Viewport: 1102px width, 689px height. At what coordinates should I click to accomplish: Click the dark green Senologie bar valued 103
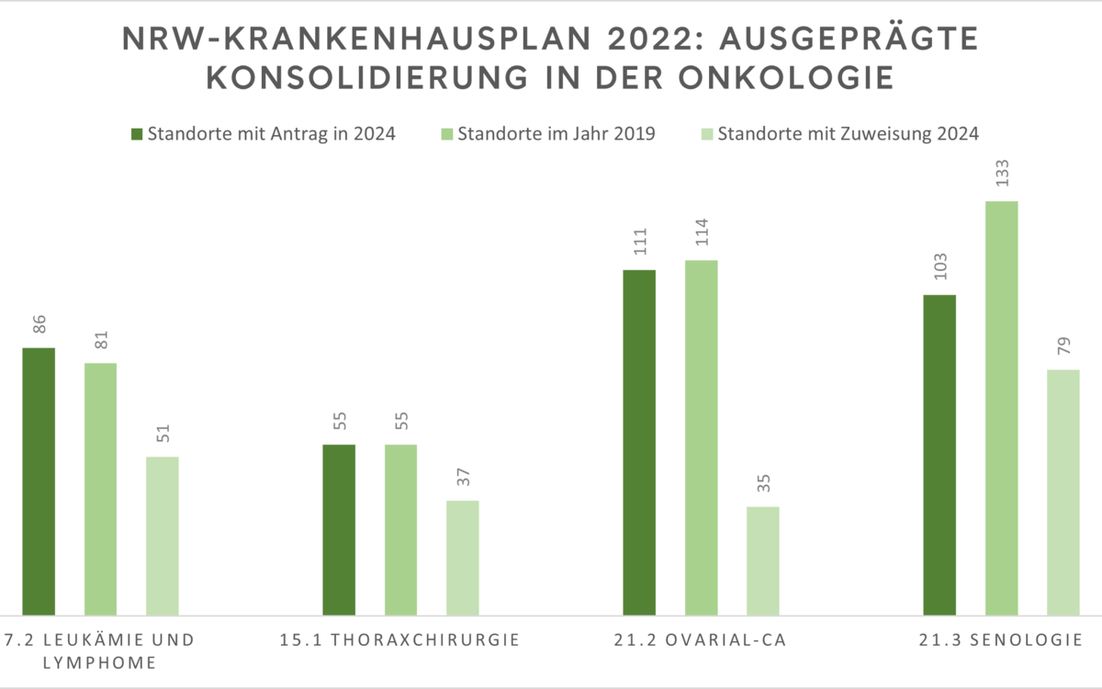939,454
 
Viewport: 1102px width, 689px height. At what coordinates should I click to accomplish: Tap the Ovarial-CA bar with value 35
762,559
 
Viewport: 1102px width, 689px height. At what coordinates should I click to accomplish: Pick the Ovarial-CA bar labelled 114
701,436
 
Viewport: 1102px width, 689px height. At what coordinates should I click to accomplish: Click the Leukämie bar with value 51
163,535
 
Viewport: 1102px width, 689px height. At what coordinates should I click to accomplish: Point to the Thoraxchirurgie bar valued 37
463,557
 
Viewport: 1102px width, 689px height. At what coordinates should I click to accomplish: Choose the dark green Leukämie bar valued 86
39,480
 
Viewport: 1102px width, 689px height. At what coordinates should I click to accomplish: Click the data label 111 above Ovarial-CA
639,246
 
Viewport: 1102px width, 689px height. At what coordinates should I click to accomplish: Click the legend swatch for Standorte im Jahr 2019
447,134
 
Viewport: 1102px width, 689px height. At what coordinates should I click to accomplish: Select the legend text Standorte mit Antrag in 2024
271,134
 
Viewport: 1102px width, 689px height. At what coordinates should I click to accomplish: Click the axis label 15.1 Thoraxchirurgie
400,640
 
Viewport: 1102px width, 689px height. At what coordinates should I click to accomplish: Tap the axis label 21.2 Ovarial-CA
701,640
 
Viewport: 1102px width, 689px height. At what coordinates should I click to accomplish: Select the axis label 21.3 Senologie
1001,640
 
